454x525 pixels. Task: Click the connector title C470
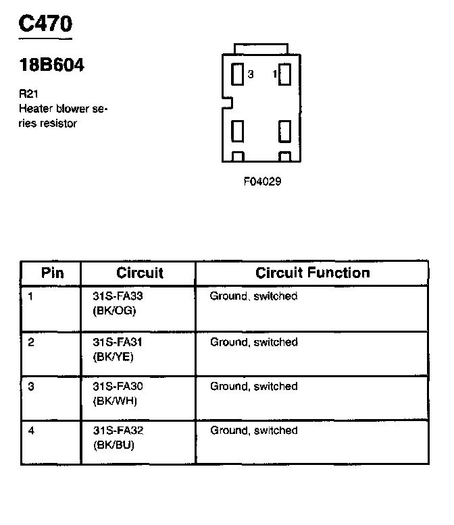click(45, 24)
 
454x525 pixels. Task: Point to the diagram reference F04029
click(262, 182)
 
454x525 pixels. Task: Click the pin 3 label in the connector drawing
click(250, 74)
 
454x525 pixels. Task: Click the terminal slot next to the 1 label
click(285, 74)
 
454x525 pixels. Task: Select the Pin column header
click(52, 273)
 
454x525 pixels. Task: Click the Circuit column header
click(140, 273)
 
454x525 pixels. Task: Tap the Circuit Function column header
click(312, 273)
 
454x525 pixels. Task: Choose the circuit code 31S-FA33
click(118, 296)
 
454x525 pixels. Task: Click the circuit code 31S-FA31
click(118, 342)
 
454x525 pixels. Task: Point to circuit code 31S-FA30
click(118, 387)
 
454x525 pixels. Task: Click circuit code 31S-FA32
click(118, 431)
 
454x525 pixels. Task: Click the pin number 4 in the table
click(31, 431)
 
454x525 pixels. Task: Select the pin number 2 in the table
click(31, 342)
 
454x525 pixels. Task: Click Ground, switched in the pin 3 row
click(253, 387)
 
